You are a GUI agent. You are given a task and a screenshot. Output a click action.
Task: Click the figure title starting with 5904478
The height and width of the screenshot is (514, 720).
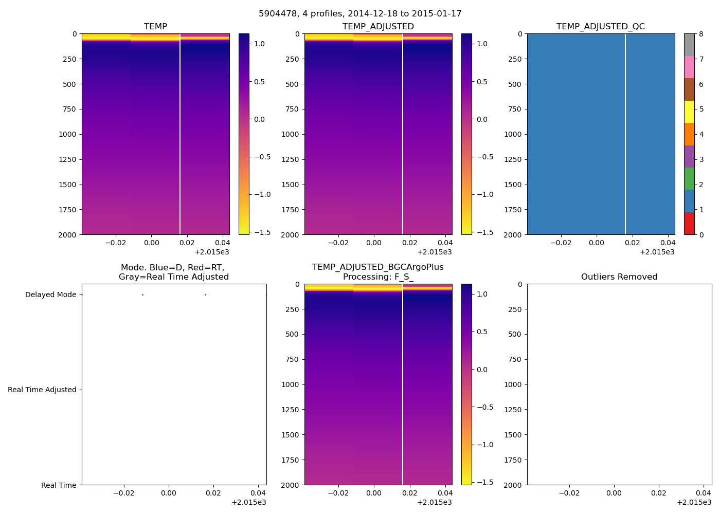[360, 14]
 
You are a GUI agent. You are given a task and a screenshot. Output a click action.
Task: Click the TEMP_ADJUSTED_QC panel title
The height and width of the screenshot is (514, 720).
[601, 27]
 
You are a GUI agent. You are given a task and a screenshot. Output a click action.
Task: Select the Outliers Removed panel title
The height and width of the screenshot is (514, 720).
[619, 277]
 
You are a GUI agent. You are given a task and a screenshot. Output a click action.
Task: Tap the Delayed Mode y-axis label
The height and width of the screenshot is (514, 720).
[50, 295]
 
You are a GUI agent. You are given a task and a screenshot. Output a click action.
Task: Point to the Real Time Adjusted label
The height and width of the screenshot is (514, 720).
[42, 390]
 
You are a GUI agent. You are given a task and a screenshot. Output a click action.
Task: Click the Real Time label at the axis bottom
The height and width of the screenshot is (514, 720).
[59, 485]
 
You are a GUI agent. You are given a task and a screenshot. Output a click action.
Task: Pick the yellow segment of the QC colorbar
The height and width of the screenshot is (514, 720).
[689, 112]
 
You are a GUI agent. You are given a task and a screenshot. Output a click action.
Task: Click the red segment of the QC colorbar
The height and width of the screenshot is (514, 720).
[689, 224]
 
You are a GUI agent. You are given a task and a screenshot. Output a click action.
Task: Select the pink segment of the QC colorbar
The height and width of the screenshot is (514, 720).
[689, 67]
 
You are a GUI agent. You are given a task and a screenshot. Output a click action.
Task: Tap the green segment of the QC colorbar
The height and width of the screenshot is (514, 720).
[689, 179]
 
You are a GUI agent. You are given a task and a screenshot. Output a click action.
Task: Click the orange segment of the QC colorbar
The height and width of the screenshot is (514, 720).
[689, 134]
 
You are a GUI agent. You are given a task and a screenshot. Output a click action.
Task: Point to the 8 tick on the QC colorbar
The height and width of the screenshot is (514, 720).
[700, 34]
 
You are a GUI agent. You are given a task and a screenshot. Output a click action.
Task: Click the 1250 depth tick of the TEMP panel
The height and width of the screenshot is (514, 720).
[68, 159]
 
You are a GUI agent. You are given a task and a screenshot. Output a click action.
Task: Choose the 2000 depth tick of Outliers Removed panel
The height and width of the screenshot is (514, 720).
[513, 485]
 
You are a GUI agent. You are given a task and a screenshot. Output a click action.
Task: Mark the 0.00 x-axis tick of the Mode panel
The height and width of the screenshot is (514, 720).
[168, 493]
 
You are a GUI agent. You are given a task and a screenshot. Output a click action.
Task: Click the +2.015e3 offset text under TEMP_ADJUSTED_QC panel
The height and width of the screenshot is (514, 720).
[657, 252]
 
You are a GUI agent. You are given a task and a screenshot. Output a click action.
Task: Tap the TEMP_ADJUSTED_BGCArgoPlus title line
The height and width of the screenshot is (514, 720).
[377, 267]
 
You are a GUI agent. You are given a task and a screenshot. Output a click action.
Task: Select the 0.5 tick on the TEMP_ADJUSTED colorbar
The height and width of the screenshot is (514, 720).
[482, 82]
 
